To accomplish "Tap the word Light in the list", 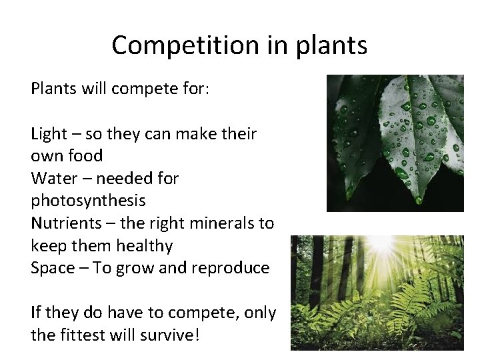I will coord(48,134).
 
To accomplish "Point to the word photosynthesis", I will coord(88,201).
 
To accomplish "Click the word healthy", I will coord(144,246).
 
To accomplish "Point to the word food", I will coord(85,156).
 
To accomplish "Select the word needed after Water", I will coord(124,178).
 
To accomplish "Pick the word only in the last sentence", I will coord(260,312).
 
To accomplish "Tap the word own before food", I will coord(49,156).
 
